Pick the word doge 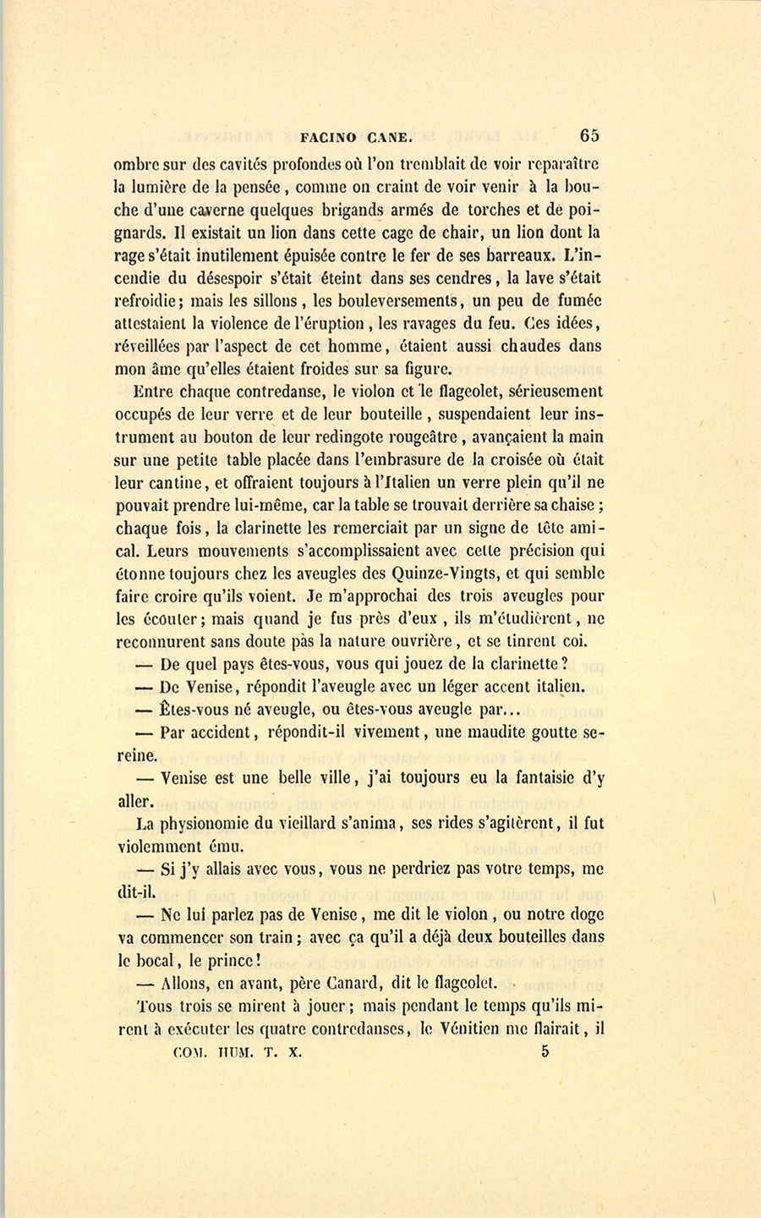(x=585, y=914)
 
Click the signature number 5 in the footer (x=545, y=1052)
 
